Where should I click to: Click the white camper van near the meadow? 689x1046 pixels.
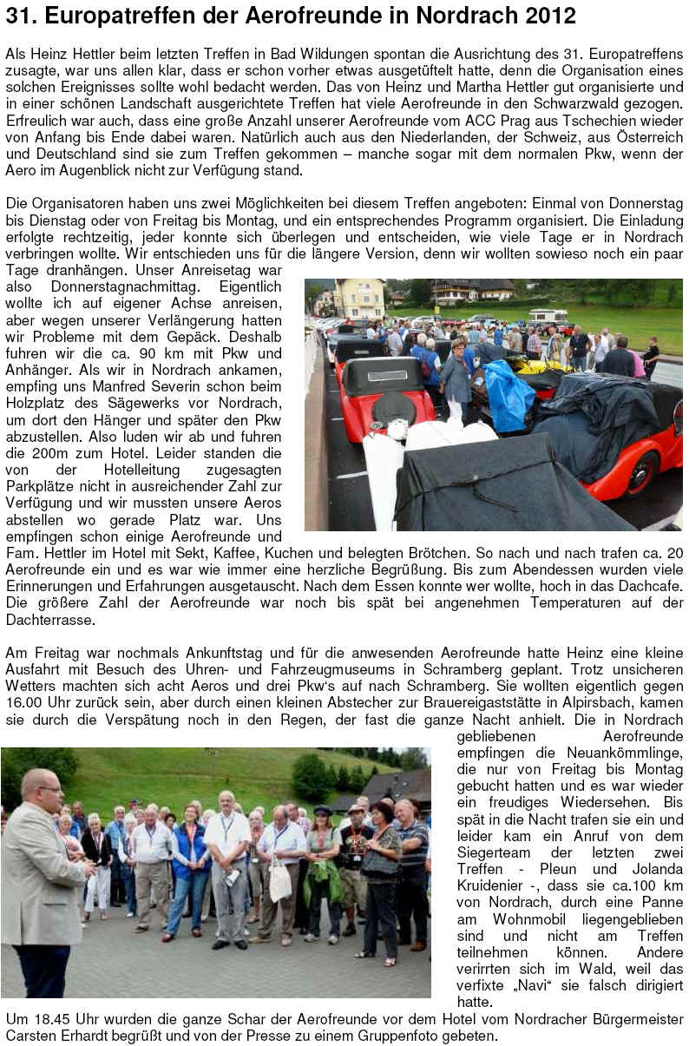pyautogui.click(x=547, y=317)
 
